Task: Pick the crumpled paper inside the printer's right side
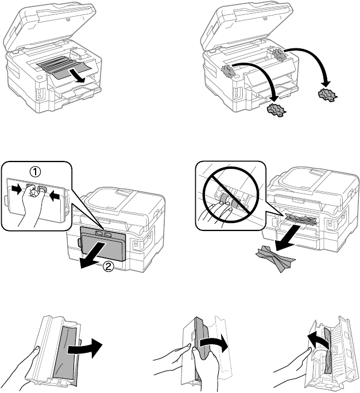[x=281, y=55]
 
